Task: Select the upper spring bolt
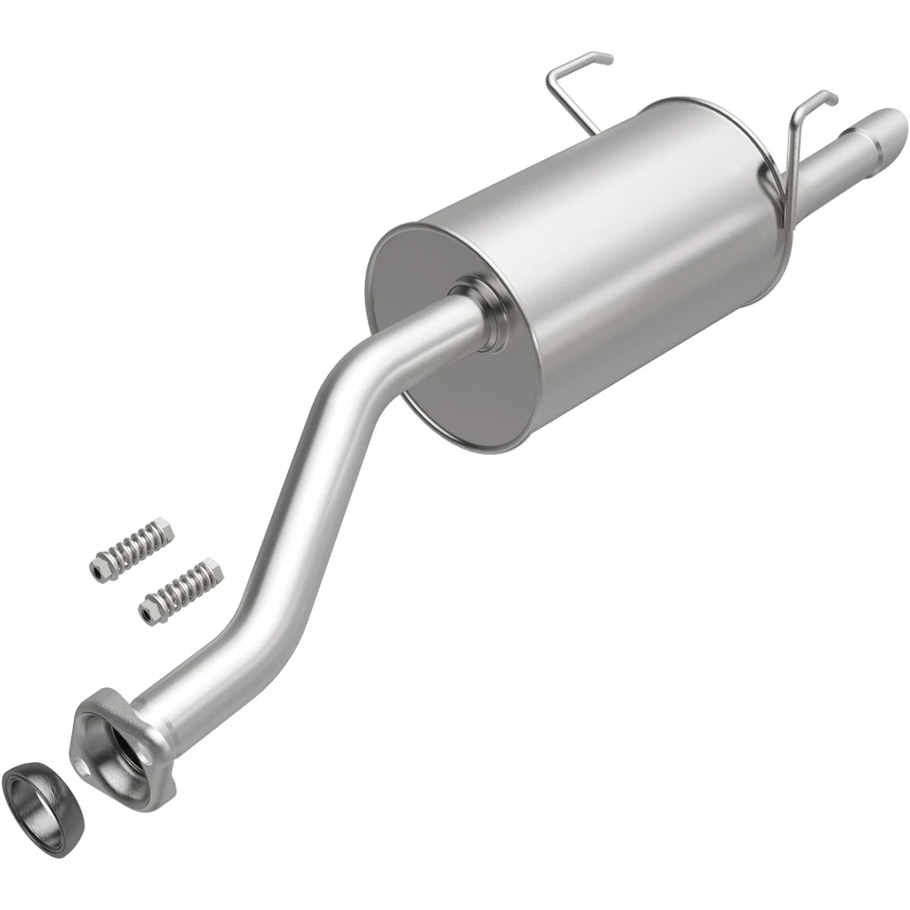pos(132,549)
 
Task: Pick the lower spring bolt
pos(180,590)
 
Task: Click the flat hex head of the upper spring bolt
pos(99,570)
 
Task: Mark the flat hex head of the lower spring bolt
pos(147,614)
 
